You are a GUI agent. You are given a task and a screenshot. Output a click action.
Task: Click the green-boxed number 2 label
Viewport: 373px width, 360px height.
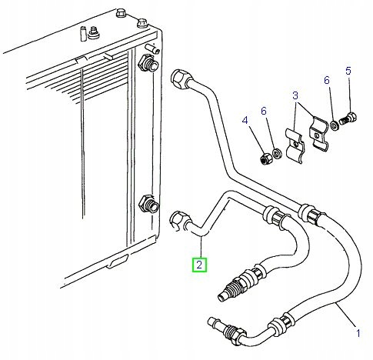pos(199,265)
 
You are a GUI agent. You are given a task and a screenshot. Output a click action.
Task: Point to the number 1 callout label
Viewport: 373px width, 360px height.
pos(357,333)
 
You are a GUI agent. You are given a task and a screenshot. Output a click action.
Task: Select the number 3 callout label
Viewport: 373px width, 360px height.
pos(294,95)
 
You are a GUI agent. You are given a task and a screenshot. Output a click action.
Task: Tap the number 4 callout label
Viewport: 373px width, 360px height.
pos(245,120)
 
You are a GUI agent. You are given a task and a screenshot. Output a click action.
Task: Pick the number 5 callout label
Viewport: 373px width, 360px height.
pos(348,72)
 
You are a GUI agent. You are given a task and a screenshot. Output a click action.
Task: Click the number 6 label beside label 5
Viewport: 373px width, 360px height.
pos(326,81)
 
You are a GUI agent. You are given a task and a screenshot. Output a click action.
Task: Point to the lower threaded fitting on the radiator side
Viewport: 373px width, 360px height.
pos(145,205)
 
